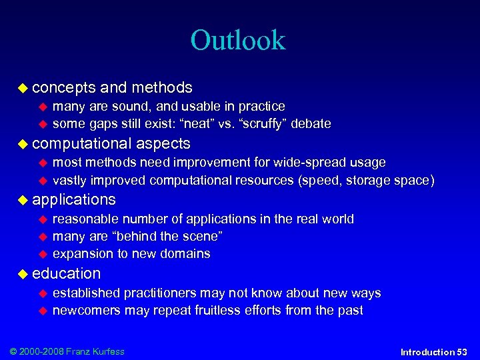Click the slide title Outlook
[x=237, y=40]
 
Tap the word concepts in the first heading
[x=63, y=88]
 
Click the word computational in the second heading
[x=81, y=144]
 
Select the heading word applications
[x=73, y=200]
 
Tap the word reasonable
[x=85, y=219]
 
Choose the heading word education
[x=66, y=273]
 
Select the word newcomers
[x=85, y=311]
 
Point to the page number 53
[x=461, y=352]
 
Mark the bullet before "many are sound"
[x=44, y=107]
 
